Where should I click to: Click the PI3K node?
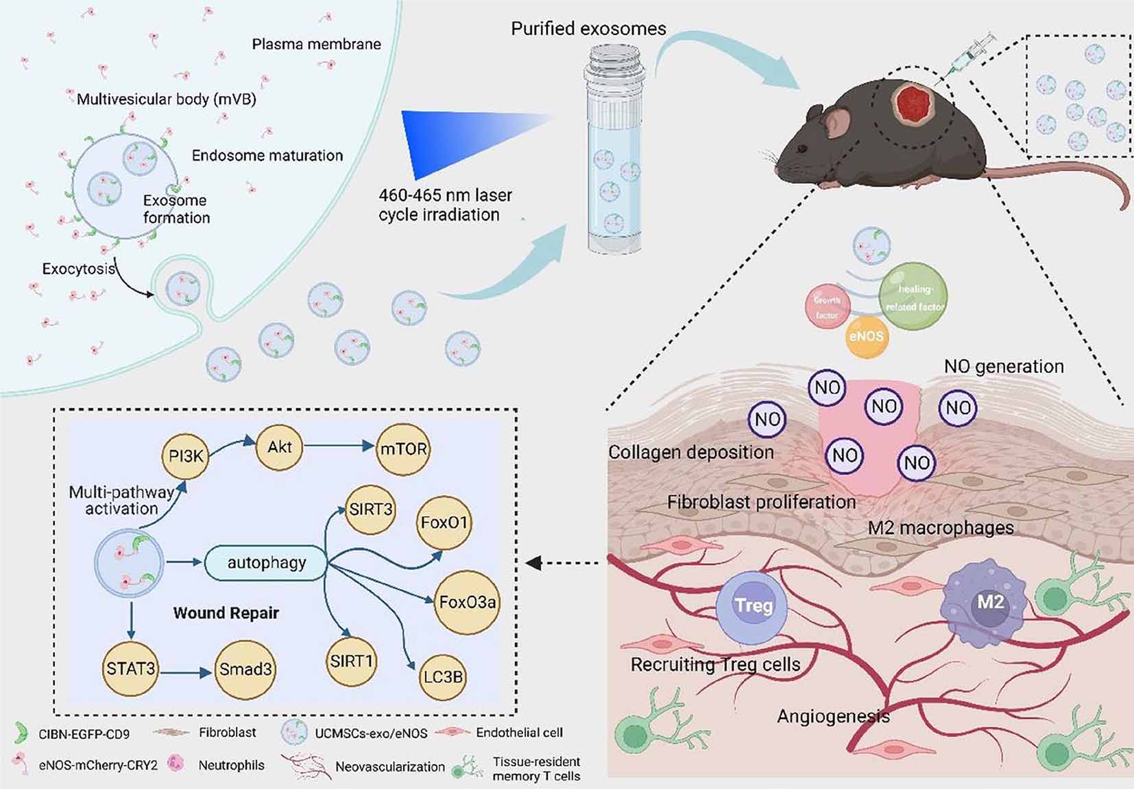pos(186,454)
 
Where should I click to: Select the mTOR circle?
pos(403,449)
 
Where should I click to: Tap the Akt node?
pos(280,447)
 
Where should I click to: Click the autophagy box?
pos(266,563)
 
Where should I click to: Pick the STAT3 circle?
pos(130,668)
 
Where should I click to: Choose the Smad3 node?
pos(245,669)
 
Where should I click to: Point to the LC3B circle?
pos(443,677)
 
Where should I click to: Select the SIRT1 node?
pos(351,661)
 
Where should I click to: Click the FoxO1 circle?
pos(444,523)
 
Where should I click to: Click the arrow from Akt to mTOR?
pos(339,446)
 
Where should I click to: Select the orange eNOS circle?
pos(867,337)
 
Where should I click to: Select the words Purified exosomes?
pos(588,29)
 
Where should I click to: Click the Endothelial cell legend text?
pos(519,733)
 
